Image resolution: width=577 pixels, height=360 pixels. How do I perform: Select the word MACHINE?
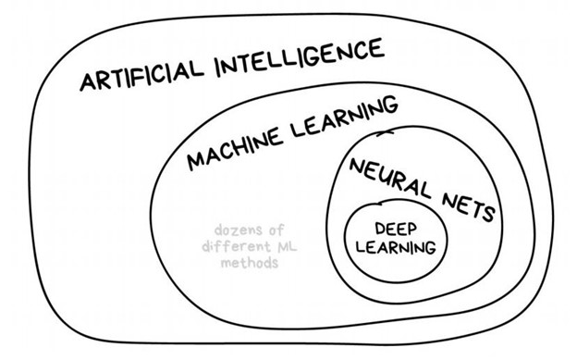[x=235, y=147]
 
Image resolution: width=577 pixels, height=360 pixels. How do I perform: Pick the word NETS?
[x=469, y=207]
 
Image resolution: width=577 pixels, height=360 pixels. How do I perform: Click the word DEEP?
[x=396, y=229]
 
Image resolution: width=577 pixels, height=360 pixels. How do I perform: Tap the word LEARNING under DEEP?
[x=396, y=247]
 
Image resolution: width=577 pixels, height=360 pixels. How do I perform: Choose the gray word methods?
[x=249, y=262]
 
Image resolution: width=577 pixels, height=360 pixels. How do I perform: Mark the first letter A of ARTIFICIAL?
[x=89, y=81]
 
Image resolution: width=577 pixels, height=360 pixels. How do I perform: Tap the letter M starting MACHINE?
[x=197, y=160]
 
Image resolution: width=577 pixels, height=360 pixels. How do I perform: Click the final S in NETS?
[x=489, y=214]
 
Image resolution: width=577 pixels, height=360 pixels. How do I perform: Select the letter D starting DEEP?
[x=380, y=229]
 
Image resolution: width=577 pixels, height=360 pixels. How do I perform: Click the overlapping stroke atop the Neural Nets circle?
[x=385, y=133]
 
